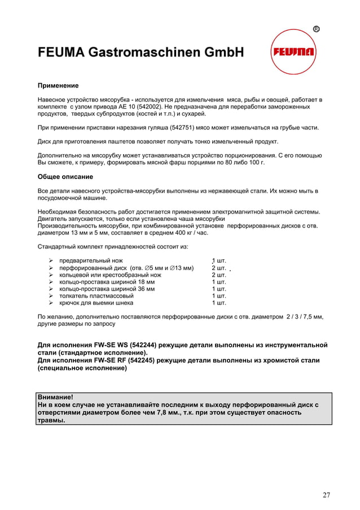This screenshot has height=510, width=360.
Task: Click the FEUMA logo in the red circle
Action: click(293, 53)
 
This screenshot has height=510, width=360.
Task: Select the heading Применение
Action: click(58, 86)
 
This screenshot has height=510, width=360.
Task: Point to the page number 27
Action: click(326, 495)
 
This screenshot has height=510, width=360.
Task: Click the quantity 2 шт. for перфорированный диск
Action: click(219, 268)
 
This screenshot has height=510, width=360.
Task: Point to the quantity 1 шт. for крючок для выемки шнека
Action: click(219, 302)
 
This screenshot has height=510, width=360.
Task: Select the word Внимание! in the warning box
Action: click(55, 397)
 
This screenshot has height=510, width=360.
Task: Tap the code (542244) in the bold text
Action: click(135, 345)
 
